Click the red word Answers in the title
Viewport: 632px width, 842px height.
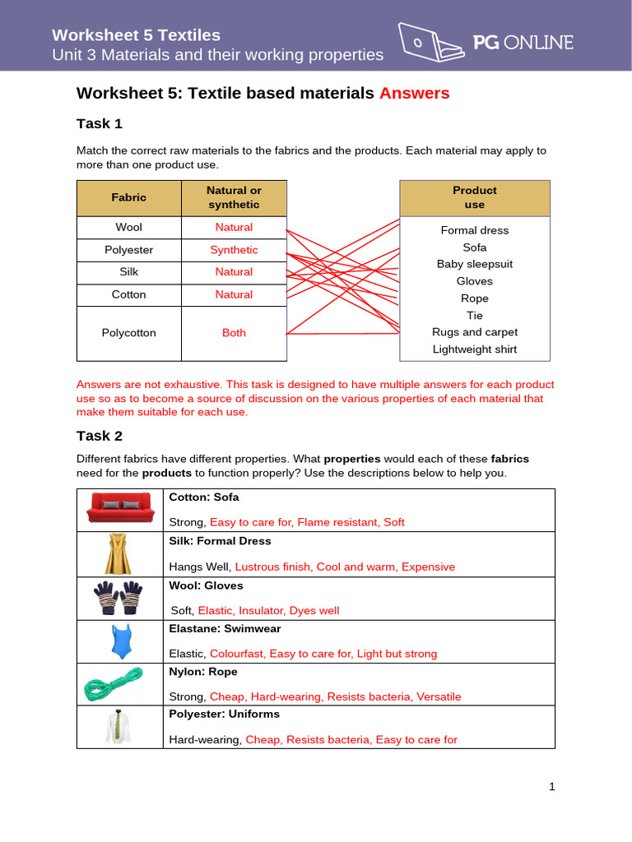click(414, 93)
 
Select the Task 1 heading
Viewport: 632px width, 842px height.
click(100, 123)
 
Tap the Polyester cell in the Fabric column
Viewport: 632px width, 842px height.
click(129, 250)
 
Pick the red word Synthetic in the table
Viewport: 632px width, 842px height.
click(234, 250)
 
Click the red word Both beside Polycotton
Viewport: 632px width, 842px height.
click(234, 333)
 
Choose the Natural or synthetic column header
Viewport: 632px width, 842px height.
click(234, 197)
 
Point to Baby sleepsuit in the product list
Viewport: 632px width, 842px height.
click(475, 264)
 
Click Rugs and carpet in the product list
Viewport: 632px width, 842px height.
click(475, 332)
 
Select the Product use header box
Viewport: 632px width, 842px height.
click(475, 197)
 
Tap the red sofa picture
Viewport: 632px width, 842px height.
click(121, 509)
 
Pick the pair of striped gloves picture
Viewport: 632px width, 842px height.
click(120, 598)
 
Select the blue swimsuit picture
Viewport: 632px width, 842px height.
click(121, 641)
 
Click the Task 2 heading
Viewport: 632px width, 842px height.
click(100, 436)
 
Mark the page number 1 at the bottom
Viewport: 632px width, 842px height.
click(552, 787)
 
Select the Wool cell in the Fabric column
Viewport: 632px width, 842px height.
click(129, 227)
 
